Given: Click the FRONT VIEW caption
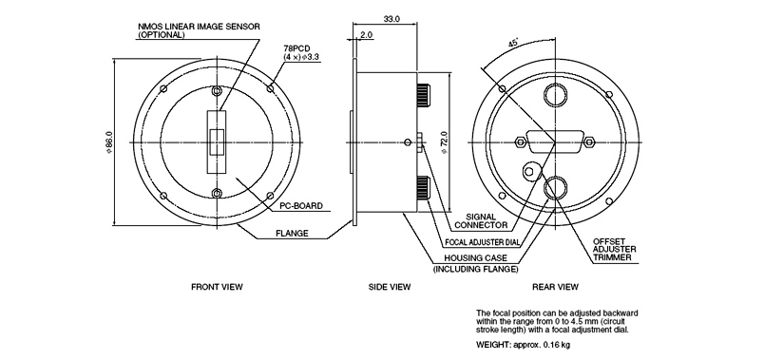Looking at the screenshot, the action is coord(217,287).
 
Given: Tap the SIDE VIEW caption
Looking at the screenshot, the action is coord(390,287).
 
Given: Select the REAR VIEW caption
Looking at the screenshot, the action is coord(555,287).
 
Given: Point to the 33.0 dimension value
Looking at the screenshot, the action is coord(392,19).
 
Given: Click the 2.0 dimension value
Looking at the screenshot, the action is coord(367,35).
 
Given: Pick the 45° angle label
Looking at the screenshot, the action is coord(513,43).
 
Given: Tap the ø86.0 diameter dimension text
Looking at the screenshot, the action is coord(109,142).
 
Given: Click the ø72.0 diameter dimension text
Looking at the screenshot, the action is coord(444,142).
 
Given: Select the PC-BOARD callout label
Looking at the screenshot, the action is coord(301,206).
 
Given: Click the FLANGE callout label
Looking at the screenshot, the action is coord(292,234).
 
